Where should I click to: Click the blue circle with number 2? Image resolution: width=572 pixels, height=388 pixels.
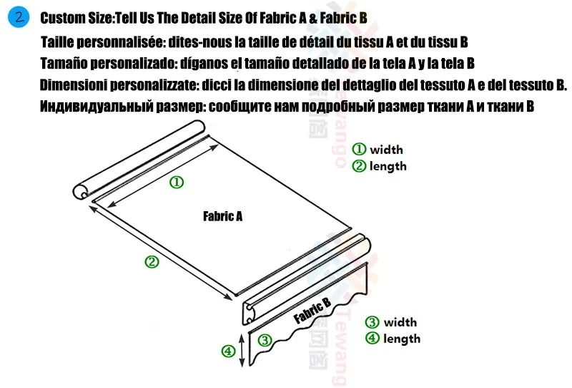coord(19,17)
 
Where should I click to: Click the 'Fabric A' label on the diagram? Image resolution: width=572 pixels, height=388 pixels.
coord(222,216)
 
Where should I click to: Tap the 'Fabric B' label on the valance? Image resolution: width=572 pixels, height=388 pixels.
coord(312,311)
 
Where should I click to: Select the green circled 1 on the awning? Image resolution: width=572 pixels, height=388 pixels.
coord(177,183)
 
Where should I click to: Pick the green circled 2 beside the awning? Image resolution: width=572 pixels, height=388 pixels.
coord(152,261)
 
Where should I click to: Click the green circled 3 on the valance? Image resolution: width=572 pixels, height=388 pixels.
coord(265,340)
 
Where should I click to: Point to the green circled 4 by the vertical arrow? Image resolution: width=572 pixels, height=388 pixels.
coord(228,351)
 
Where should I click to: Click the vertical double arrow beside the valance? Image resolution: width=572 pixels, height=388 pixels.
coord(242,350)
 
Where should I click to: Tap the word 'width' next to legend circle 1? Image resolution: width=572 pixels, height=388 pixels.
coord(386,150)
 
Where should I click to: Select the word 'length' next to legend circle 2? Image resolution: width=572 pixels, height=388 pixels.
coord(388,166)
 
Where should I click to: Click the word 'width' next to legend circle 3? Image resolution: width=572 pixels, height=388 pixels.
coord(400,322)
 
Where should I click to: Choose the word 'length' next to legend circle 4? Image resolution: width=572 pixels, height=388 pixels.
coord(402,339)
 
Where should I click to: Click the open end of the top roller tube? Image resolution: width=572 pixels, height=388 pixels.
coord(81,191)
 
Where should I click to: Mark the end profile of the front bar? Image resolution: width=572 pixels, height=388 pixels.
coord(250,314)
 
